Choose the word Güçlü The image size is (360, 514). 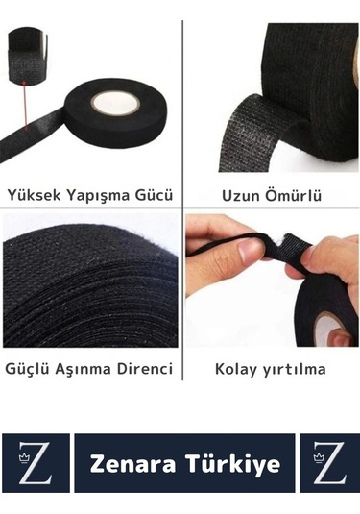(x=29, y=368)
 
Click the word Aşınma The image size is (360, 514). (x=84, y=368)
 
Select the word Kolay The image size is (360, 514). (x=238, y=368)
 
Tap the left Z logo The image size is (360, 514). (x=36, y=464)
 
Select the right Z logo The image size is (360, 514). (x=329, y=464)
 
